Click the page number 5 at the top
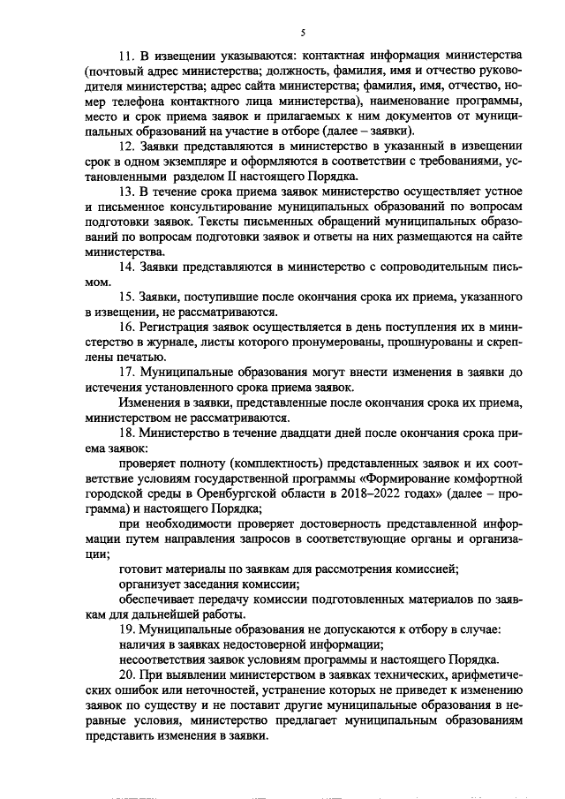tap(302, 33)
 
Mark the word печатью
tap(138, 357)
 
